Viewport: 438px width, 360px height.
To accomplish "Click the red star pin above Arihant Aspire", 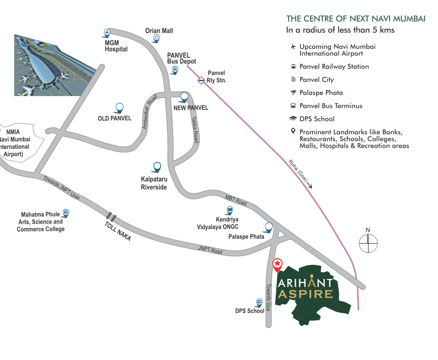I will [x=278, y=263].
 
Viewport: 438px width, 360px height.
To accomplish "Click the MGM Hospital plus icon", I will [x=107, y=33].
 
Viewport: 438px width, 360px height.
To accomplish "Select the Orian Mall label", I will [x=159, y=31].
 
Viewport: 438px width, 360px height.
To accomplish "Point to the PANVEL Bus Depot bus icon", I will [x=174, y=70].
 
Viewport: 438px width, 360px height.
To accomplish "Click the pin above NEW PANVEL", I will [x=184, y=97].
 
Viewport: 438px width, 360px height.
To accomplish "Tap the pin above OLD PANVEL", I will [x=119, y=108].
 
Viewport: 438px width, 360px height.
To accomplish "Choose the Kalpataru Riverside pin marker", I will [x=157, y=166].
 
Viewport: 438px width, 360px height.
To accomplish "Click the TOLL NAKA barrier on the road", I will [x=111, y=216].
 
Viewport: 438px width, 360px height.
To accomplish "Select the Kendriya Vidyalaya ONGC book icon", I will [x=230, y=210].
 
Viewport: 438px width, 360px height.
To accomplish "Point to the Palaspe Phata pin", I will [x=269, y=227].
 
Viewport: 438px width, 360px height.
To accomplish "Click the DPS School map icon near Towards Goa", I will [x=259, y=302].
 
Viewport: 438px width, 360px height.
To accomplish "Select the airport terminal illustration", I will [x=55, y=65].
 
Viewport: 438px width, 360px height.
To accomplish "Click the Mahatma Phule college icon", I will [x=66, y=212].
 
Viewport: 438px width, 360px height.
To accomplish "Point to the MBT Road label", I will [x=236, y=200].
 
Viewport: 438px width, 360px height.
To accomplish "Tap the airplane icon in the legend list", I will [x=293, y=46].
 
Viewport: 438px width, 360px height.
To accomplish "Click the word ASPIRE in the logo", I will [x=305, y=294].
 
